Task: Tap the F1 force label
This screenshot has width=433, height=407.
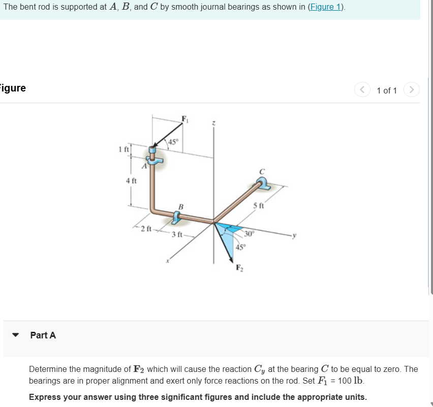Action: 185,119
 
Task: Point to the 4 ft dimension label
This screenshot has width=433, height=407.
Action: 131,180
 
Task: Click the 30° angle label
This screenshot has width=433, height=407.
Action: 249,234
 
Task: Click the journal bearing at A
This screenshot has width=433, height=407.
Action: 153,155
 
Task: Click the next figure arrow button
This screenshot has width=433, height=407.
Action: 411,90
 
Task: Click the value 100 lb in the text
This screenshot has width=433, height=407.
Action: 351,381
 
